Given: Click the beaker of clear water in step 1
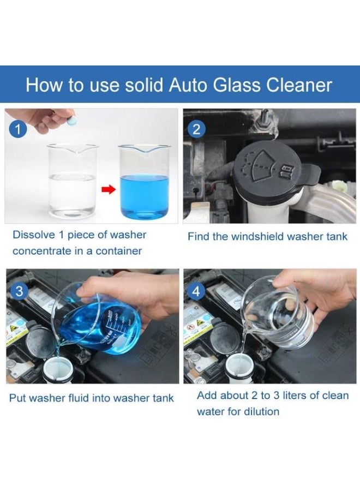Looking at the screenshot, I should pos(72,183).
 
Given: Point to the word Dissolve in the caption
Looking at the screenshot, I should pos(34,235).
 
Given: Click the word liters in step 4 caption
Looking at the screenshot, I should pos(293,395).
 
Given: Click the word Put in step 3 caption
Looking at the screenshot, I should pos(17,398).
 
